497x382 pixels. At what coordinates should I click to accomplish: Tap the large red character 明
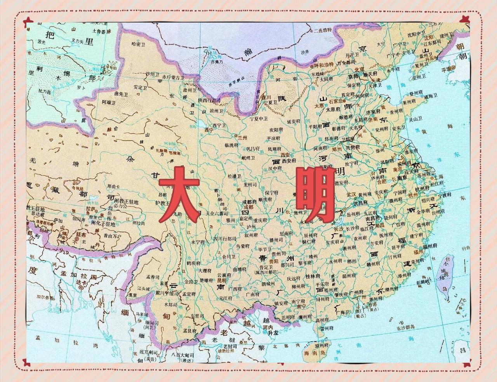click(315, 194)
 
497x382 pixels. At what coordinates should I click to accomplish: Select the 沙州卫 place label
click(152, 74)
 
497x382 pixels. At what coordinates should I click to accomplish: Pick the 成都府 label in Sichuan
click(249, 202)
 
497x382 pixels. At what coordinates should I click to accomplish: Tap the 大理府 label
click(205, 271)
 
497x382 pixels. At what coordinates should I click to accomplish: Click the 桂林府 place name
click(312, 276)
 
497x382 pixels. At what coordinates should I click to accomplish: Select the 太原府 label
click(333, 110)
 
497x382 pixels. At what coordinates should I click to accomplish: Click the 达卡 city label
click(81, 284)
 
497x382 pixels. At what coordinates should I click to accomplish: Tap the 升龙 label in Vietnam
click(268, 333)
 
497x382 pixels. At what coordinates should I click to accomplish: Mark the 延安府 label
click(294, 121)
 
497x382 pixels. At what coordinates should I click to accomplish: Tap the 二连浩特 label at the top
click(323, 30)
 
